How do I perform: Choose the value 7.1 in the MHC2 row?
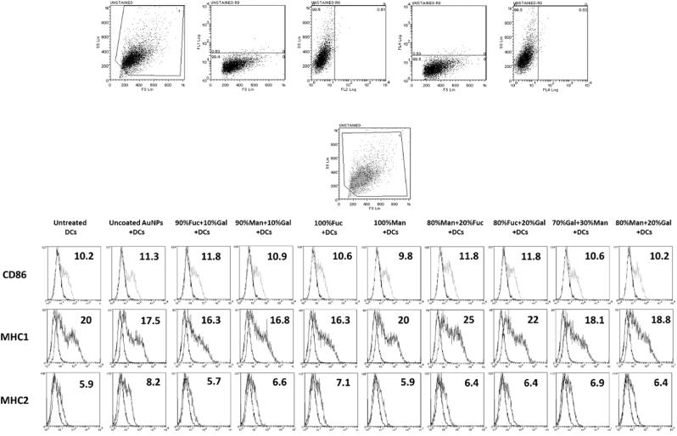[338, 383]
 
